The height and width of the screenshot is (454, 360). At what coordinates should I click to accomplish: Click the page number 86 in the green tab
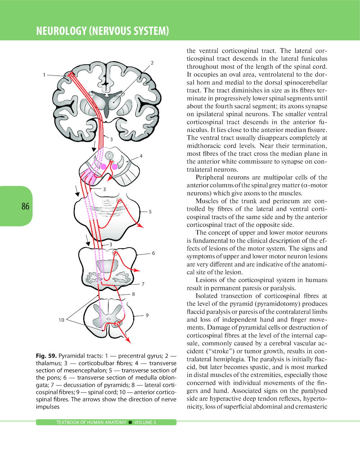tap(25, 206)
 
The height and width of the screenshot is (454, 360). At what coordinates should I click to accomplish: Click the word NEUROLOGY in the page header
tap(62, 31)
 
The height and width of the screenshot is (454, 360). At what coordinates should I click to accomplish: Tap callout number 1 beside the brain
tap(44, 75)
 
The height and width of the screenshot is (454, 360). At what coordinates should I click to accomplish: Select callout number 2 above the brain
tap(152, 63)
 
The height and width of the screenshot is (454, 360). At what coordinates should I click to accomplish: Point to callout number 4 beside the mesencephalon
tap(141, 156)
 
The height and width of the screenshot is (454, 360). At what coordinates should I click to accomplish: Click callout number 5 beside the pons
tap(150, 212)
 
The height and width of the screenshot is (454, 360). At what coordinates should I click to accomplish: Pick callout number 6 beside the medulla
tap(153, 253)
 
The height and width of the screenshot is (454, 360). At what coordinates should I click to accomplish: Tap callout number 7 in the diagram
tap(143, 284)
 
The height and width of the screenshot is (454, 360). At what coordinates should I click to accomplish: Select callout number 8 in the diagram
tap(133, 294)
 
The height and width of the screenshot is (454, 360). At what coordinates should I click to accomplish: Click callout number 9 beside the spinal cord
tap(147, 315)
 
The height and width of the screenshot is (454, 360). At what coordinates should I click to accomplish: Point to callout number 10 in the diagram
tap(62, 320)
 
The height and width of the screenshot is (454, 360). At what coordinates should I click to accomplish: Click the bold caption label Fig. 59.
tap(46, 356)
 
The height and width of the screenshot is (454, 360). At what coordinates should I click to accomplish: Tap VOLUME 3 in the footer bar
tap(145, 422)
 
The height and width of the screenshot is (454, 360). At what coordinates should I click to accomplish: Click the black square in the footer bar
tap(130, 422)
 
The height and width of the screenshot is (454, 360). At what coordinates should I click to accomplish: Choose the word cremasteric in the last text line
tap(310, 407)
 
